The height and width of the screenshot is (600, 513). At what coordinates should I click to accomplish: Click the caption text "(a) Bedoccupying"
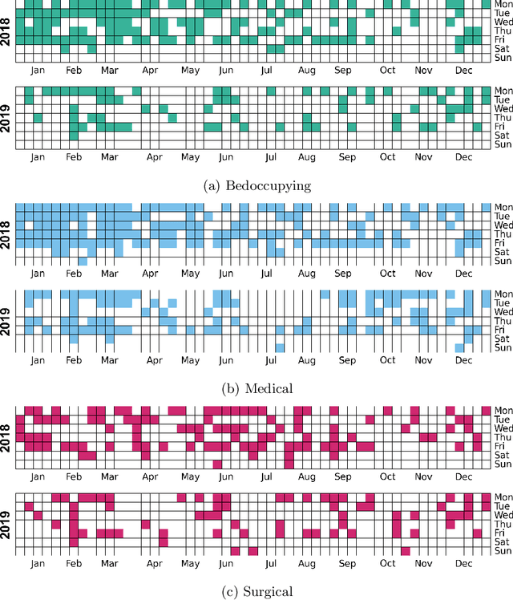256,186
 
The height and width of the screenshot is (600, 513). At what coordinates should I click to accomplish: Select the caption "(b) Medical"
256,388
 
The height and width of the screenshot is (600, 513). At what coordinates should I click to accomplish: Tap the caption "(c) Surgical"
256,591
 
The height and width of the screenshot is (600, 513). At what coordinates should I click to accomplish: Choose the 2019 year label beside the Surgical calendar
7,522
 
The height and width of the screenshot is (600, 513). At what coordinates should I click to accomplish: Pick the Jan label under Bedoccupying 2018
38,70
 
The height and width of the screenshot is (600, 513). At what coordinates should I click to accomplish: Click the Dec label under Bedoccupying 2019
463,157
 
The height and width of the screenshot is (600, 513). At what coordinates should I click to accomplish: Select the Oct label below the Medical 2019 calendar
388,360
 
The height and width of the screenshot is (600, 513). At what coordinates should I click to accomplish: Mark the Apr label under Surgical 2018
150,476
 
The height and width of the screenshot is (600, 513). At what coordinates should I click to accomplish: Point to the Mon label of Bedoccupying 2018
503,3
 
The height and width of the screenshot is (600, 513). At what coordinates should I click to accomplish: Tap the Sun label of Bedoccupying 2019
502,144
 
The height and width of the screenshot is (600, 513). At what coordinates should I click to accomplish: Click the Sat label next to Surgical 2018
501,455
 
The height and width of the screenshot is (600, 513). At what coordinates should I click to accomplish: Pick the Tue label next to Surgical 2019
502,507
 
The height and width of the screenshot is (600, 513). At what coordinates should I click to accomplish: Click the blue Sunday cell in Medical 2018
83,261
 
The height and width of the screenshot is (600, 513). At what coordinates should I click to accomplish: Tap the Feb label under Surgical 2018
74,476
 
